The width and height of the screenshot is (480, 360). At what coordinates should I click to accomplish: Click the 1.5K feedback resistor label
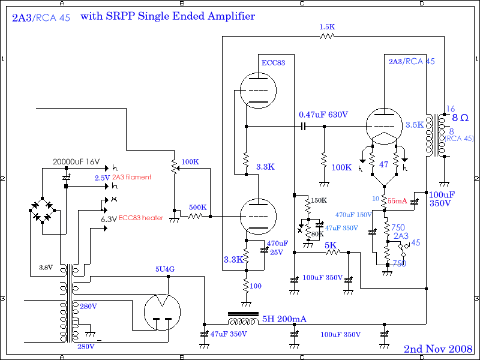(327, 27)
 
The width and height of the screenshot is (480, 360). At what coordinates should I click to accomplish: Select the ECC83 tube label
(274, 62)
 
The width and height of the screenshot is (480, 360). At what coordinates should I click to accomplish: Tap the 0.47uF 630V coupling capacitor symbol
(304, 127)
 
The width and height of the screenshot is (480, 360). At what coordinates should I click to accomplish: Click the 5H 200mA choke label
(284, 319)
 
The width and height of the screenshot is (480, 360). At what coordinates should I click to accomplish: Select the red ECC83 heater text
(141, 218)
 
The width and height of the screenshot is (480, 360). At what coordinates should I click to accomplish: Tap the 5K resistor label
(331, 245)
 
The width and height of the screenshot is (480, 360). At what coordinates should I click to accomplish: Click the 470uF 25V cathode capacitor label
(277, 248)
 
